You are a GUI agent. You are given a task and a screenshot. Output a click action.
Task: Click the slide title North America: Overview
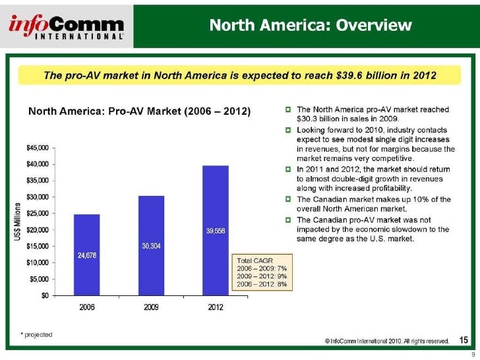pyautogui.click(x=311, y=25)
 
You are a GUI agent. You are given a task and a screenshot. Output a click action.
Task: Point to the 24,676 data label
pyautogui.click(x=87, y=255)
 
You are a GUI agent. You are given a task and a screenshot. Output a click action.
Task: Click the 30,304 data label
pyautogui.click(x=152, y=245)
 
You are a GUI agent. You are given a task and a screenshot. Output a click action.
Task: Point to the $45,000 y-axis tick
pyautogui.click(x=38, y=147)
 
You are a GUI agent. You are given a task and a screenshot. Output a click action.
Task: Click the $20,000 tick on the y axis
pyautogui.click(x=38, y=229)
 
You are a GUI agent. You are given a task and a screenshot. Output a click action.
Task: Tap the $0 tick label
pyautogui.click(x=44, y=295)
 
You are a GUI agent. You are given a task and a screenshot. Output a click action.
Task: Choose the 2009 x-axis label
pyautogui.click(x=151, y=308)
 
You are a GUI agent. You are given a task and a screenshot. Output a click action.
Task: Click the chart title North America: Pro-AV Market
pyautogui.click(x=139, y=112)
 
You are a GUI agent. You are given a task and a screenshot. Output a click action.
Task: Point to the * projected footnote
pyautogui.click(x=36, y=335)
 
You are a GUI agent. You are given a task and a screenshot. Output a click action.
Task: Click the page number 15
pyautogui.click(x=464, y=340)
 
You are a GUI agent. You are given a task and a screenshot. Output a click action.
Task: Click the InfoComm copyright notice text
pyautogui.click(x=387, y=341)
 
